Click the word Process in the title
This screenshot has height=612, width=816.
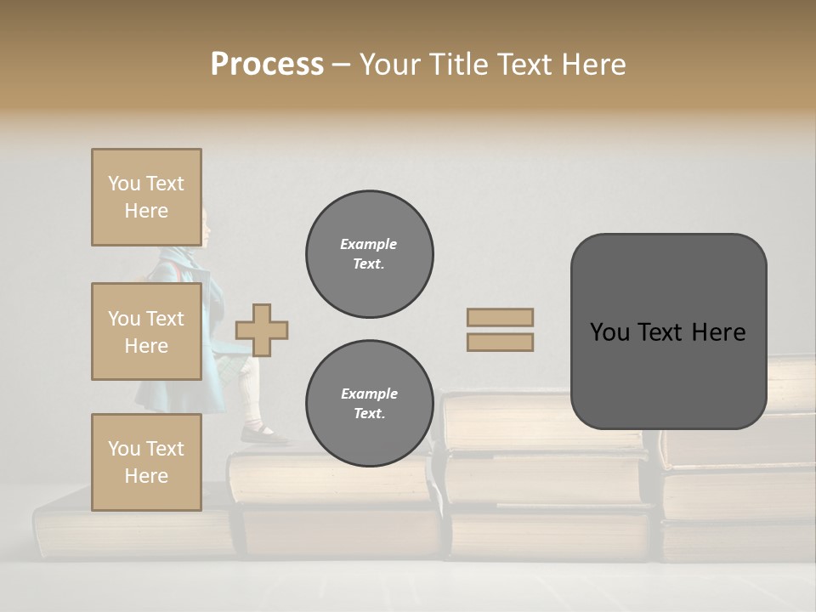point(267,65)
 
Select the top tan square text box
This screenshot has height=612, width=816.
point(146,197)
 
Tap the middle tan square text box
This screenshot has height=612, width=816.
point(146,331)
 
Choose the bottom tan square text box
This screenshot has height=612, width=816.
point(146,462)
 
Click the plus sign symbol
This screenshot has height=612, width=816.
point(262,330)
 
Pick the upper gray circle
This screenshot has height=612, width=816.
point(370,254)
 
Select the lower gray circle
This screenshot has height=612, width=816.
point(370,404)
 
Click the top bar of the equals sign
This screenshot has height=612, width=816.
point(501,317)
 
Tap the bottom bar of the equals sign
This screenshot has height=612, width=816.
point(501,343)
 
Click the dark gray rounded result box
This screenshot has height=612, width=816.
point(668,331)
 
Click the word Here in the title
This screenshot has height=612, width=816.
point(592,65)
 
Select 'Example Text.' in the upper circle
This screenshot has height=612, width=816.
point(369,254)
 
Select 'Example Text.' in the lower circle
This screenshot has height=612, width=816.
point(369,404)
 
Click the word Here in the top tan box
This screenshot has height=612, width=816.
point(146,211)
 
